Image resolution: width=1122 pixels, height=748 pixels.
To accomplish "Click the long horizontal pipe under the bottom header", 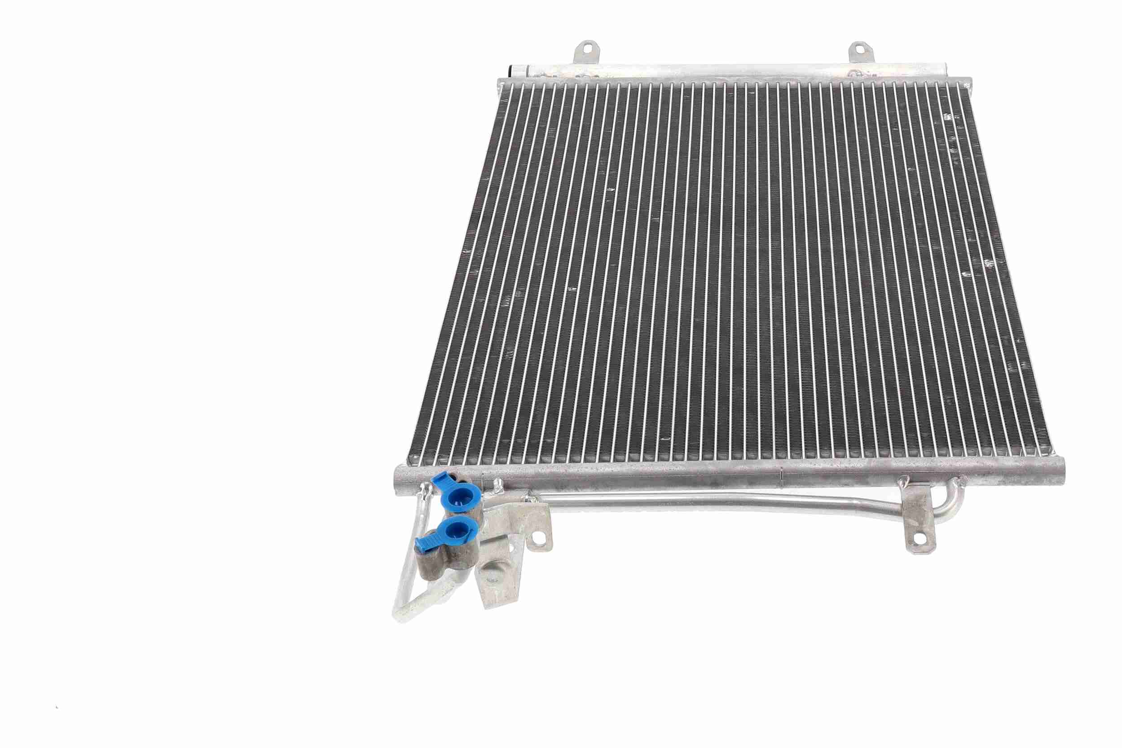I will point(716,502).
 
